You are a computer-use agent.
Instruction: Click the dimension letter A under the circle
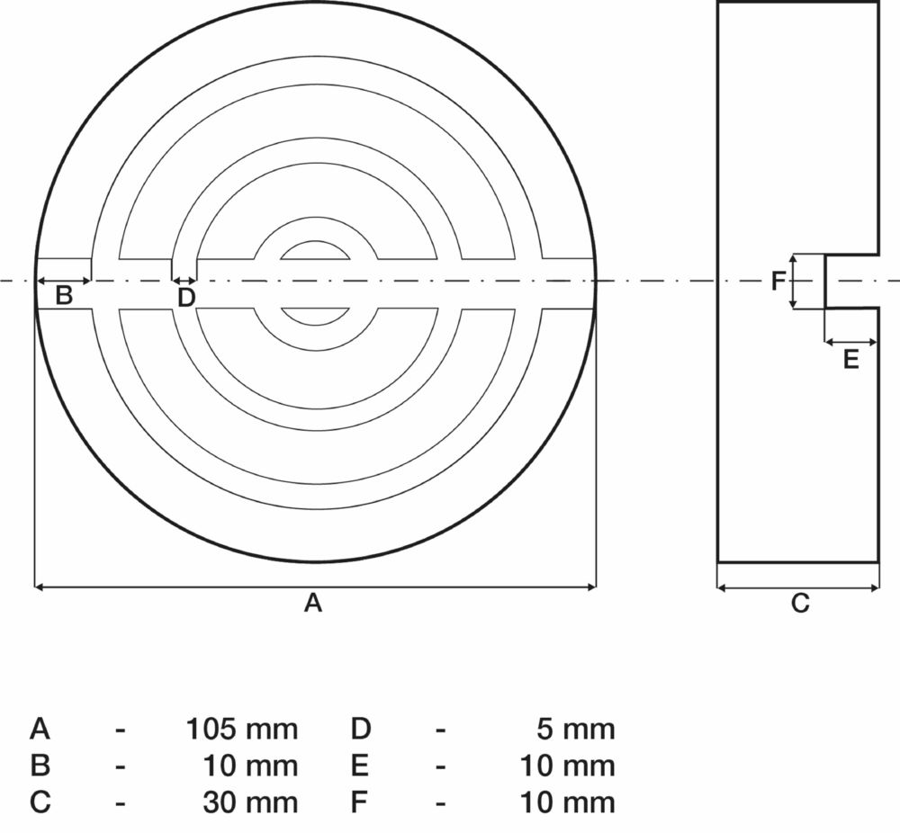pyautogui.click(x=312, y=603)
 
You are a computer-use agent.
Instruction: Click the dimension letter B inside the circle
pyautogui.click(x=64, y=295)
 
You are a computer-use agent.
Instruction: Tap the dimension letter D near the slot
pyautogui.click(x=185, y=298)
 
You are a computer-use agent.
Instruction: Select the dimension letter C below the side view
pyautogui.click(x=800, y=603)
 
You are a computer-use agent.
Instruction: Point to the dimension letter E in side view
pyautogui.click(x=850, y=360)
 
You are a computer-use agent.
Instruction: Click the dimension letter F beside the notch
pyautogui.click(x=779, y=282)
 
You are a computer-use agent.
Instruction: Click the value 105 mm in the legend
pyautogui.click(x=241, y=729)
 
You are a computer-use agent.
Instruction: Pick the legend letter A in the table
pyautogui.click(x=40, y=729)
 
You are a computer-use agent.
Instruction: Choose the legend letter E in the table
pyautogui.click(x=360, y=766)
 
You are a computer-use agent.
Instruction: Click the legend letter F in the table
pyautogui.click(x=359, y=802)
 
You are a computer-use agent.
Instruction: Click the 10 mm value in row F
pyautogui.click(x=567, y=802)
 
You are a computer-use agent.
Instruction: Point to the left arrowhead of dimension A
pyautogui.click(x=39, y=587)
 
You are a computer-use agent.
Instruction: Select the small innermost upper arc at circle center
pyautogui.click(x=315, y=249)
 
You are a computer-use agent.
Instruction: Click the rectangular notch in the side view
pyautogui.click(x=850, y=282)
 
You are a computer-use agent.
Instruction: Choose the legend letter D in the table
pyautogui.click(x=361, y=729)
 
